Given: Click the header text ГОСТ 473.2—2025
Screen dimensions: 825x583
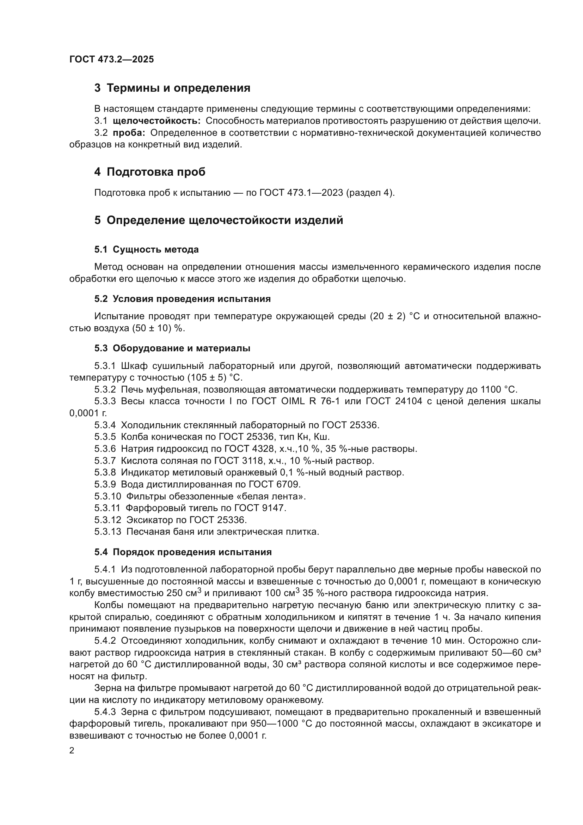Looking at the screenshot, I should [x=111, y=59].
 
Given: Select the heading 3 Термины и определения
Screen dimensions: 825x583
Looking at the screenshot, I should [x=172, y=88].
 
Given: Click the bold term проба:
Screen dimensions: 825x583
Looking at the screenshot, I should [x=129, y=133].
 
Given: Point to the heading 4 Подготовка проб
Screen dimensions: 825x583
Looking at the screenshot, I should [x=150, y=172].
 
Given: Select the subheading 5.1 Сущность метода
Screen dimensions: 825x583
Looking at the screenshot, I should [x=147, y=249].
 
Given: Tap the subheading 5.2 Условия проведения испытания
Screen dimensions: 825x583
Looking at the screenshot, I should [x=182, y=299].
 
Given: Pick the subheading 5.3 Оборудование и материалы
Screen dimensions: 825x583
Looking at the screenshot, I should [x=172, y=348].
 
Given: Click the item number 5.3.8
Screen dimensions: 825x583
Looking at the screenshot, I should [x=105, y=473].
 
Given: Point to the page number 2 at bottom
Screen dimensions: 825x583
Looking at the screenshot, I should [x=72, y=751].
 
